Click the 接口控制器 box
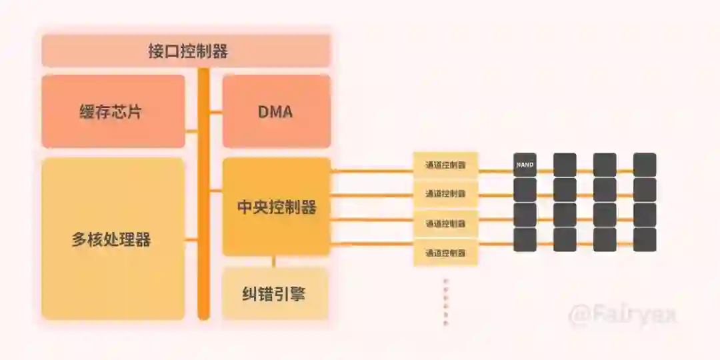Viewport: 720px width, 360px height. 187,51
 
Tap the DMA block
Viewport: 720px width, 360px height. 276,111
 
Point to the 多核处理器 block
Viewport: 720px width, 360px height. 113,239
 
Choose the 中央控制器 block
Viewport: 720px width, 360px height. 276,207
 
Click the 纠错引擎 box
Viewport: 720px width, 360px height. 275,293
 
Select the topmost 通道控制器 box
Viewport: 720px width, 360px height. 445,165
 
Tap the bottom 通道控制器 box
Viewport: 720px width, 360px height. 445,253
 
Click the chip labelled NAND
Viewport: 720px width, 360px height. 525,165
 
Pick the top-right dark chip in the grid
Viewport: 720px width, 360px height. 645,165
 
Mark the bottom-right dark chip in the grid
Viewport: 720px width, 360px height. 645,240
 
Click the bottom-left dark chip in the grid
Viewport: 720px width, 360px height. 525,240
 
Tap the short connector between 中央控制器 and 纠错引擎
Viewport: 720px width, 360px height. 273,261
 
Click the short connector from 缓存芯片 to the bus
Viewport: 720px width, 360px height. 191,132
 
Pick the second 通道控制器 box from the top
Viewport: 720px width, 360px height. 445,194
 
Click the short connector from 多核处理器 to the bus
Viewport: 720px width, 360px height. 191,239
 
